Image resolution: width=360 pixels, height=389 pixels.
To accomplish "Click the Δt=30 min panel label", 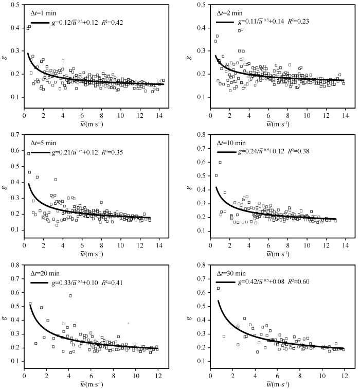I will pyautogui.click(x=231, y=273).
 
